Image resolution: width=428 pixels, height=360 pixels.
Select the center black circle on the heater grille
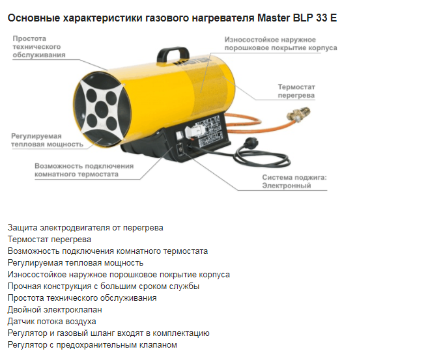click(x=101, y=109)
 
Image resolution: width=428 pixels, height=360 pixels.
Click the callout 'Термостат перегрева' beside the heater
click(x=296, y=91)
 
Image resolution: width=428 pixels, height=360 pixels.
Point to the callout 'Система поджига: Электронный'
click(x=294, y=182)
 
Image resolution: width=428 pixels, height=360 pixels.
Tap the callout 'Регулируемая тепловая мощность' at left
click(x=47, y=140)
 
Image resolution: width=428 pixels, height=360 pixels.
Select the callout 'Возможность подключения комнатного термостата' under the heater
click(x=84, y=170)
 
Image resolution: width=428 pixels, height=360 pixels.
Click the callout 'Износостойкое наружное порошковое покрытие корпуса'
click(x=281, y=44)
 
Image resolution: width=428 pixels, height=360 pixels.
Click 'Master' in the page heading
click(x=274, y=18)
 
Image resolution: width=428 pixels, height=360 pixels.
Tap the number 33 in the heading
click(x=322, y=18)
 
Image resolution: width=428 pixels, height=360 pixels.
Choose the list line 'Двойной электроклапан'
click(x=55, y=309)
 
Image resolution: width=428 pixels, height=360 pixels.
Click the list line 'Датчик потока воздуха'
click(x=51, y=322)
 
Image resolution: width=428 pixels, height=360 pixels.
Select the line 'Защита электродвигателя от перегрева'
click(x=85, y=227)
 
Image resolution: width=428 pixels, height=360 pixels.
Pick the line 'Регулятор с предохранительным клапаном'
click(x=93, y=345)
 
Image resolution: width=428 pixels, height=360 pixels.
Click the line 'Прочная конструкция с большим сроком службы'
click(x=104, y=286)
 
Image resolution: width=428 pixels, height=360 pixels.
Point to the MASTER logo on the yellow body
click(x=193, y=61)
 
